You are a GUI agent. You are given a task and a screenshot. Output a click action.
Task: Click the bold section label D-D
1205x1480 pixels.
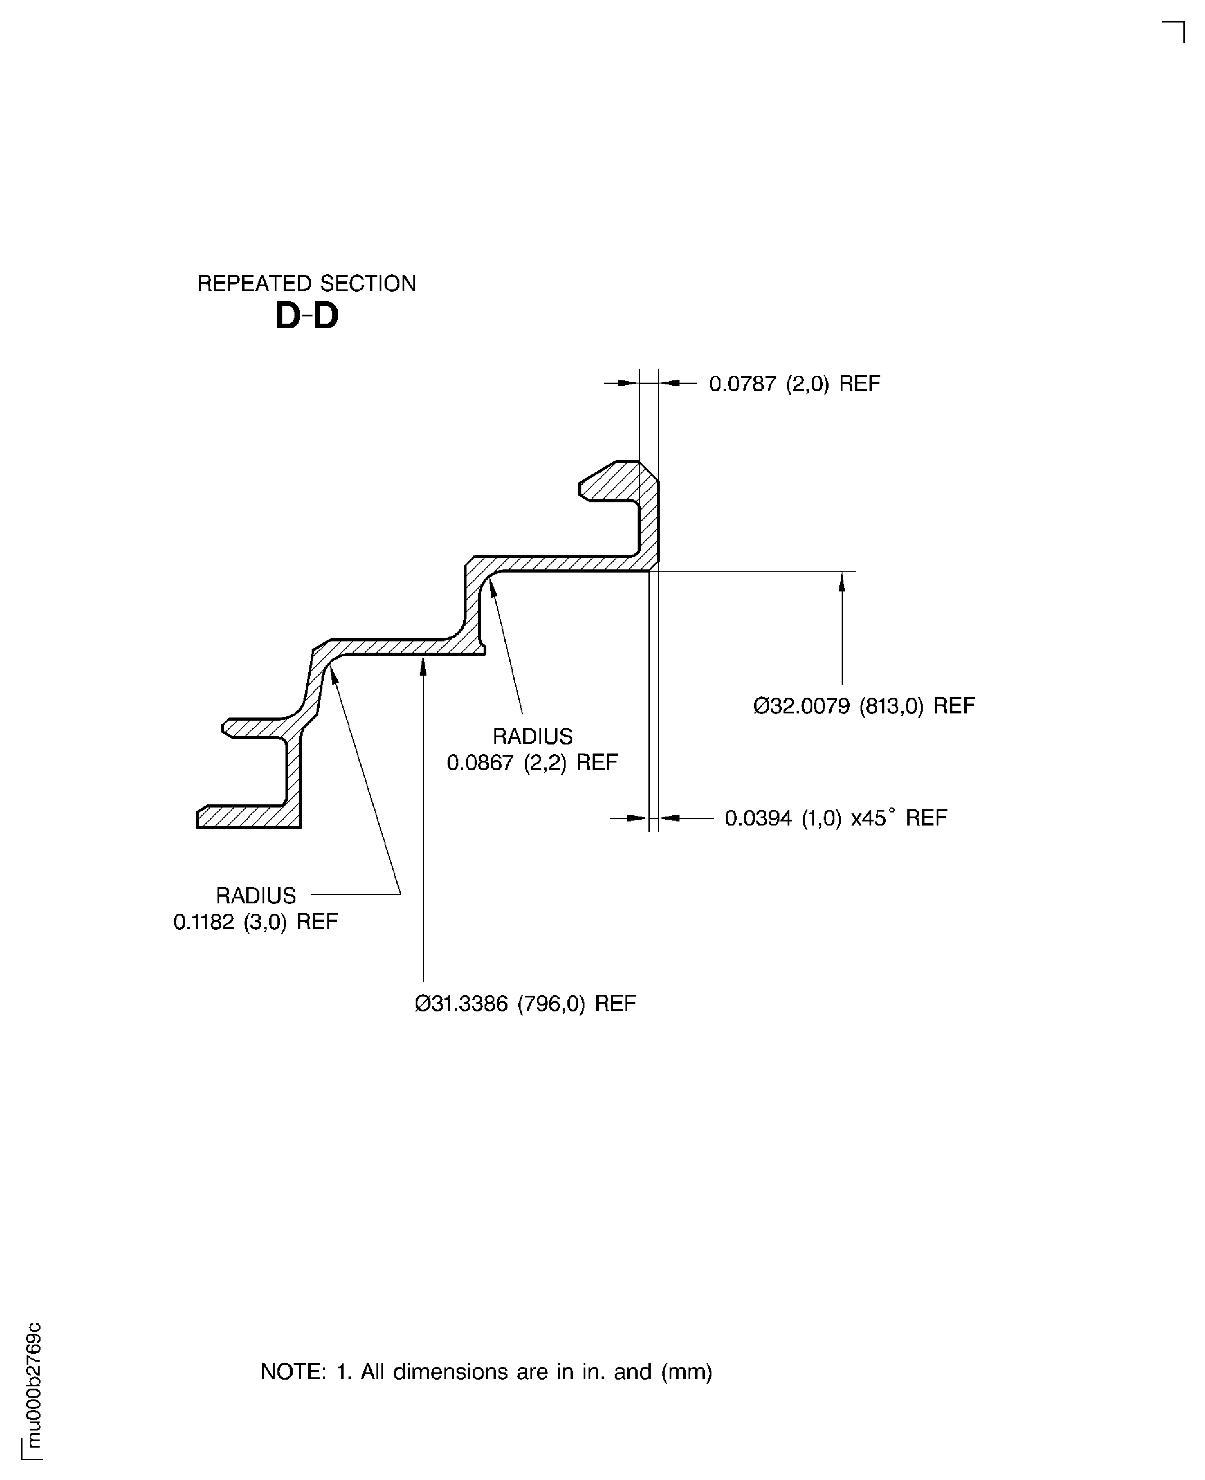pos(306,317)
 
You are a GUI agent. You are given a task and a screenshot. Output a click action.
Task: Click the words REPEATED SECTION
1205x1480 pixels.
pos(306,284)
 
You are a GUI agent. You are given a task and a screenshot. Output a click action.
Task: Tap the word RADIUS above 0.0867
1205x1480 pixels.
pos(532,736)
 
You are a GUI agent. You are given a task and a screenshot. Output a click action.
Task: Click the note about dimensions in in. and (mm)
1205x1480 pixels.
pos(486,1372)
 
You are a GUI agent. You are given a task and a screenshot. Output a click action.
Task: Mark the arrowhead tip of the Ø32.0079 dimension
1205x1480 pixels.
pos(842,573)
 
